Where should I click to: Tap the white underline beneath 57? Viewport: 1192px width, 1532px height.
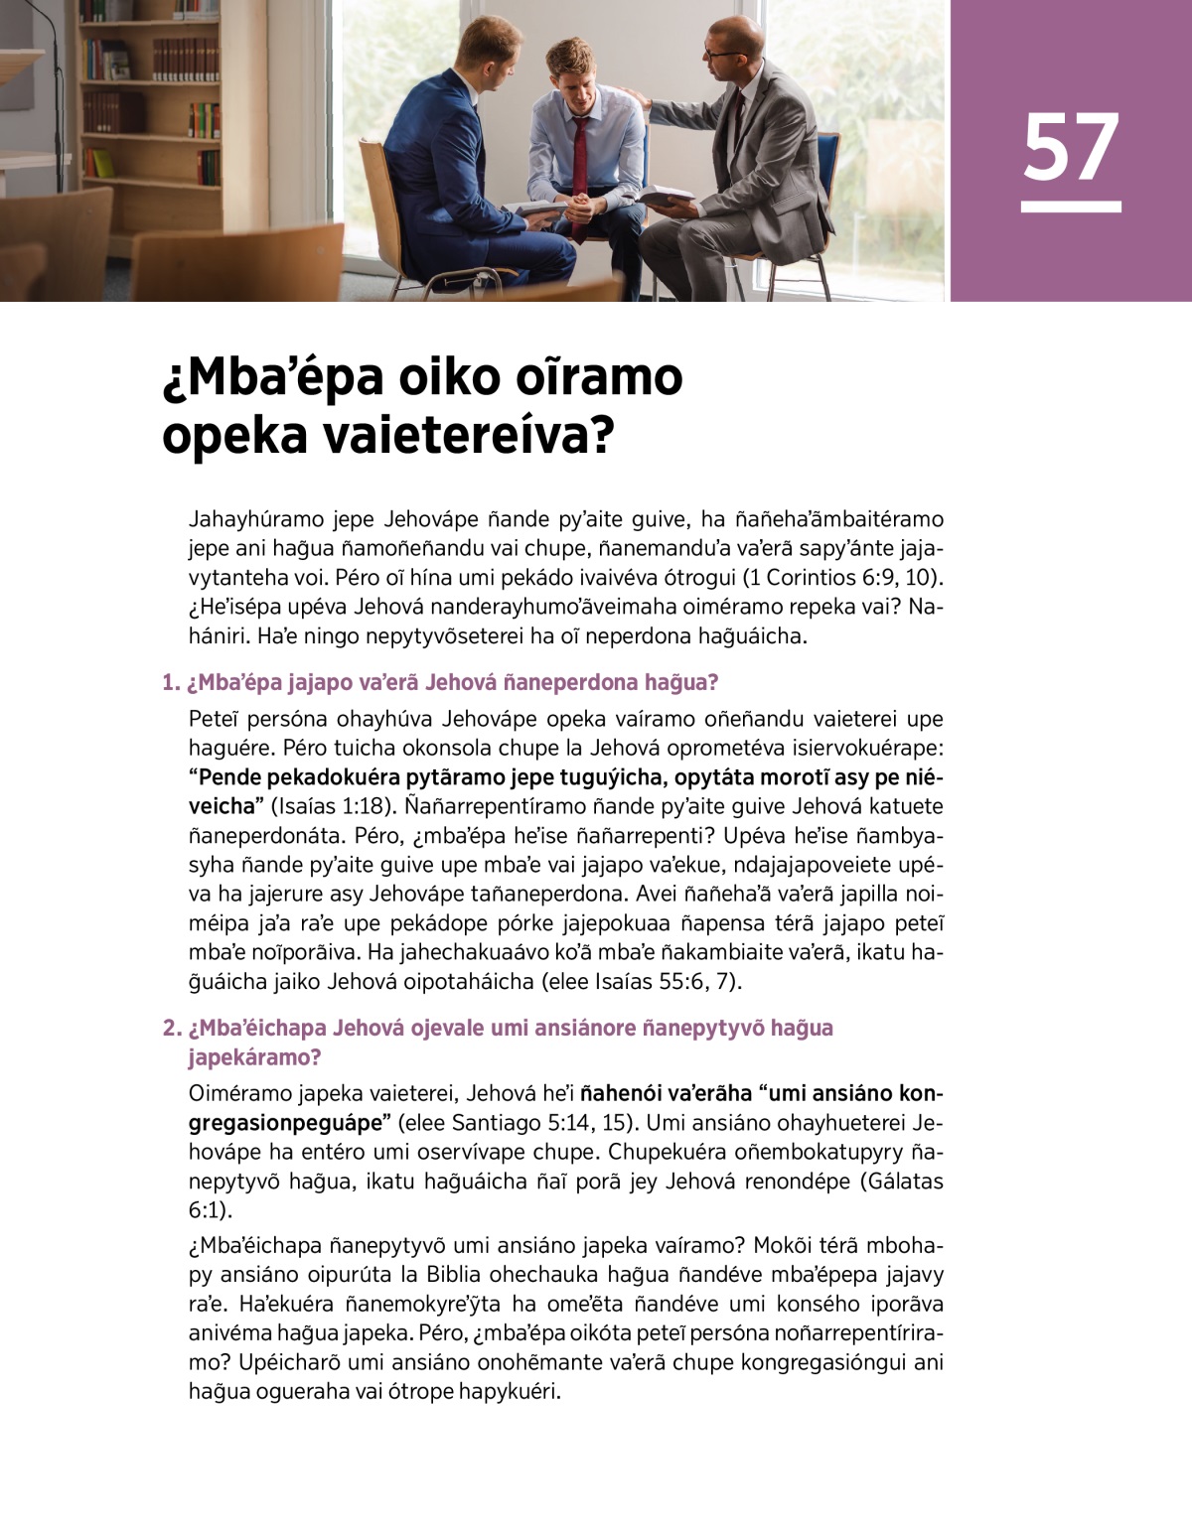[1071, 207]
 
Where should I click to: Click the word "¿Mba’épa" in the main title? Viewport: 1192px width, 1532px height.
[274, 377]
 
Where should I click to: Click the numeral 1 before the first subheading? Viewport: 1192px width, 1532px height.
[169, 683]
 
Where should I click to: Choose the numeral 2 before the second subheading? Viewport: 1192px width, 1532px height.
[170, 1028]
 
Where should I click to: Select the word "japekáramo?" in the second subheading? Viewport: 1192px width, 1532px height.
[255, 1057]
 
